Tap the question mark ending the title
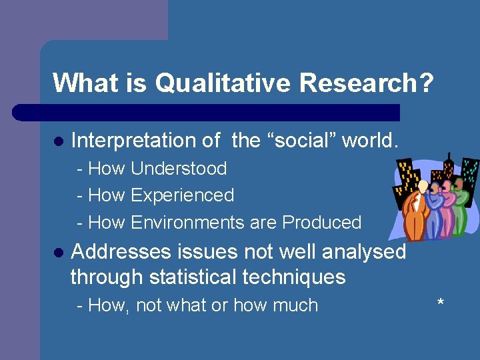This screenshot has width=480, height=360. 426,83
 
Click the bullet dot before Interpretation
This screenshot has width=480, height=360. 58,141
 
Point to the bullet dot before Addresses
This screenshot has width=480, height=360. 58,253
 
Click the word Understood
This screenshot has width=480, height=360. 179,169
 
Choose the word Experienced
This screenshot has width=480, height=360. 182,195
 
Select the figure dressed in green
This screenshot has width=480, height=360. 459,207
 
